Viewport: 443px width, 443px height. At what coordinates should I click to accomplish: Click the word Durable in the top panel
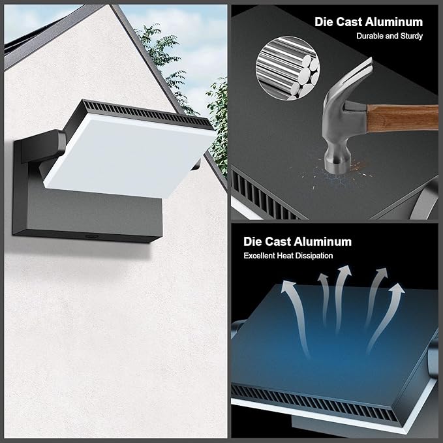point(372,36)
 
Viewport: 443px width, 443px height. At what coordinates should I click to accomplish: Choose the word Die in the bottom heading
point(253,241)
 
